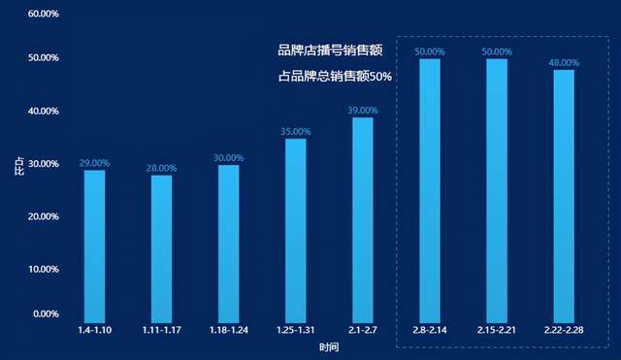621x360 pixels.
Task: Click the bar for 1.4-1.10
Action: (x=95, y=246)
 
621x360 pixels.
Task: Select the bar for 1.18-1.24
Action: (x=229, y=244)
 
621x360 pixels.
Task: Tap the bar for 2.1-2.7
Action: (x=363, y=220)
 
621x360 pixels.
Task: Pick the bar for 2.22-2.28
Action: (x=564, y=196)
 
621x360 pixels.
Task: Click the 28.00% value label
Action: (x=162, y=168)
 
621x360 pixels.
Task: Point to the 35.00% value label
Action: (x=296, y=132)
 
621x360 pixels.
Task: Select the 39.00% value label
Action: (x=363, y=111)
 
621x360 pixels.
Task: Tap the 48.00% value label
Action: (x=564, y=62)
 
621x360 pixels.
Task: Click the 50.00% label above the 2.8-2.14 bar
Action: (x=430, y=51)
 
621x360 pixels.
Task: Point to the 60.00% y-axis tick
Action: (x=44, y=14)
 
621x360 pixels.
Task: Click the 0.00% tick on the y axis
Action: (x=46, y=314)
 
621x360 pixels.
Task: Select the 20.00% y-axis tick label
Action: (x=44, y=216)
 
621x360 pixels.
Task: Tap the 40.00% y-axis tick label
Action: (x=44, y=112)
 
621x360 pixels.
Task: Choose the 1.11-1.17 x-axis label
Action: (x=162, y=330)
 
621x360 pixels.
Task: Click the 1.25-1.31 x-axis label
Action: (x=296, y=330)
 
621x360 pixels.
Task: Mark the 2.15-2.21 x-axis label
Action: (x=497, y=330)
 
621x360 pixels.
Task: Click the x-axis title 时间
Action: (x=329, y=347)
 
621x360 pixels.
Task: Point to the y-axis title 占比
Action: (x=19, y=166)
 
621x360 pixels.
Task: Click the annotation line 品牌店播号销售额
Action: (x=330, y=50)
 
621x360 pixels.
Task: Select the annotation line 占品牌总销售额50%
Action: (x=335, y=76)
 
